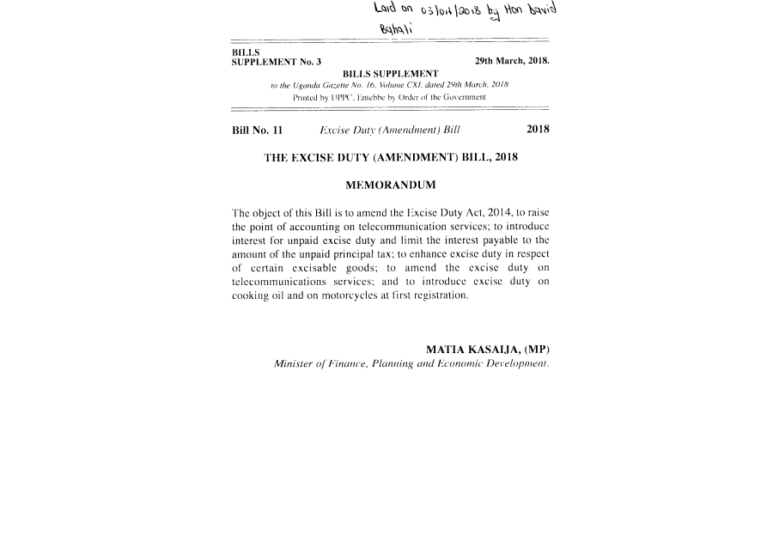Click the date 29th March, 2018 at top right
coord(512,62)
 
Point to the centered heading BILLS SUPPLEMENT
coord(390,74)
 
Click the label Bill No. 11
coord(258,131)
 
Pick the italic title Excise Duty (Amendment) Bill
coord(390,131)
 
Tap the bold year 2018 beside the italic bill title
coord(538,131)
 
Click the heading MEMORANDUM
coord(390,186)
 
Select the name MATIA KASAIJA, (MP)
coord(487,350)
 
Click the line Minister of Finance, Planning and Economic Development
coord(411,364)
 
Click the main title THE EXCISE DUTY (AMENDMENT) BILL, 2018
coord(390,158)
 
